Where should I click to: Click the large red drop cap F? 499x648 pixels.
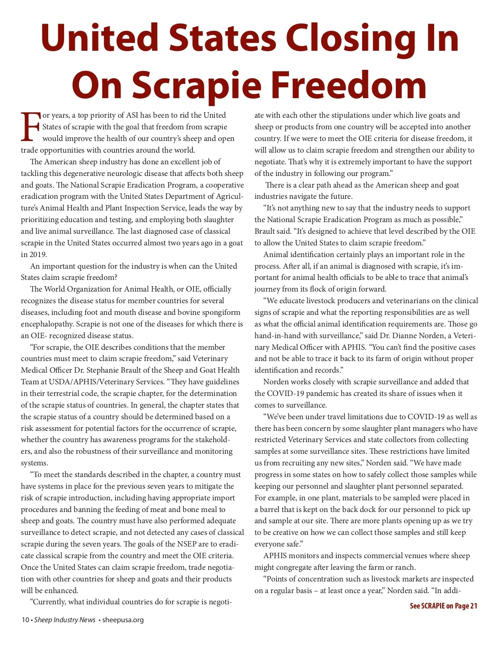coord(30,127)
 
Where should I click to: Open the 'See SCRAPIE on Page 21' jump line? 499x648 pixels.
coord(443,606)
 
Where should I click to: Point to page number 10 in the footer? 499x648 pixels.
coord(25,620)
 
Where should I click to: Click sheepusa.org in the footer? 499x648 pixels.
coord(123,620)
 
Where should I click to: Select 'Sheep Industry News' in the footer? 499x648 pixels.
coord(65,620)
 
